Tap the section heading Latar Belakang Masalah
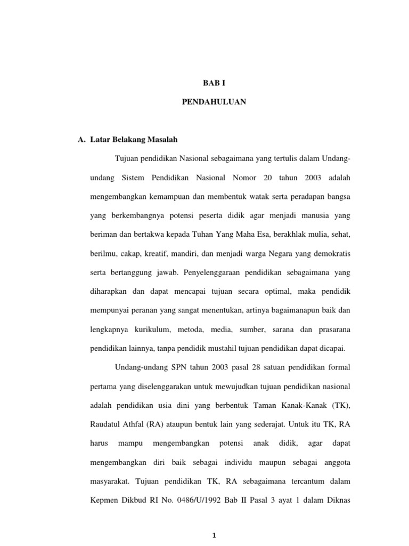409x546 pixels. click(x=132, y=140)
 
